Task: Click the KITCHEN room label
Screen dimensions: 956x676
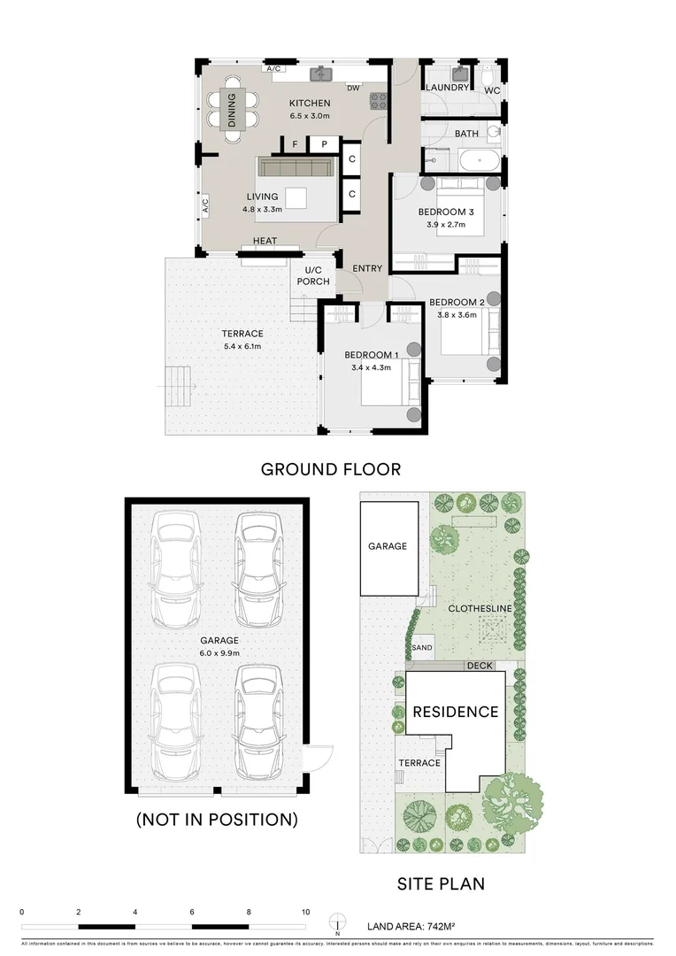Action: pos(310,104)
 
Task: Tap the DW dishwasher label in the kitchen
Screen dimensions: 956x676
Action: pos(353,88)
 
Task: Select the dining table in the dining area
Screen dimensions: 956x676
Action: pos(232,110)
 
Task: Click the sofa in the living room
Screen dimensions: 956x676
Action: pos(298,168)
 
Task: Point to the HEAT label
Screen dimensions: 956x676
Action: pos(265,241)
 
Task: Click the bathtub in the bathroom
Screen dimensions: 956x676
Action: pos(478,161)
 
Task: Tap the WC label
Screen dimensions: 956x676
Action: pos(492,89)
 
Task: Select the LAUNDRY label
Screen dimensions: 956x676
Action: pos(447,89)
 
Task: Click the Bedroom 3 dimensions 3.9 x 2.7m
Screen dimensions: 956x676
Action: pos(446,225)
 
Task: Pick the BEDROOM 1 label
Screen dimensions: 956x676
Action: pos(372,355)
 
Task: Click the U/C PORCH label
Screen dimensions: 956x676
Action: pos(312,276)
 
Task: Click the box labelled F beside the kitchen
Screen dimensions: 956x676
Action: pos(295,143)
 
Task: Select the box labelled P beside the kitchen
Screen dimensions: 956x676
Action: pos(324,143)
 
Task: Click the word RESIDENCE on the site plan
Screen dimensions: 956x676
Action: pos(455,712)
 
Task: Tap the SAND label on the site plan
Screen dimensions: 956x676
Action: pos(422,648)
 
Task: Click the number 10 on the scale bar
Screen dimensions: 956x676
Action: pos(305,912)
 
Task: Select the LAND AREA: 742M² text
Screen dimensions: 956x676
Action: pos(411,927)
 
